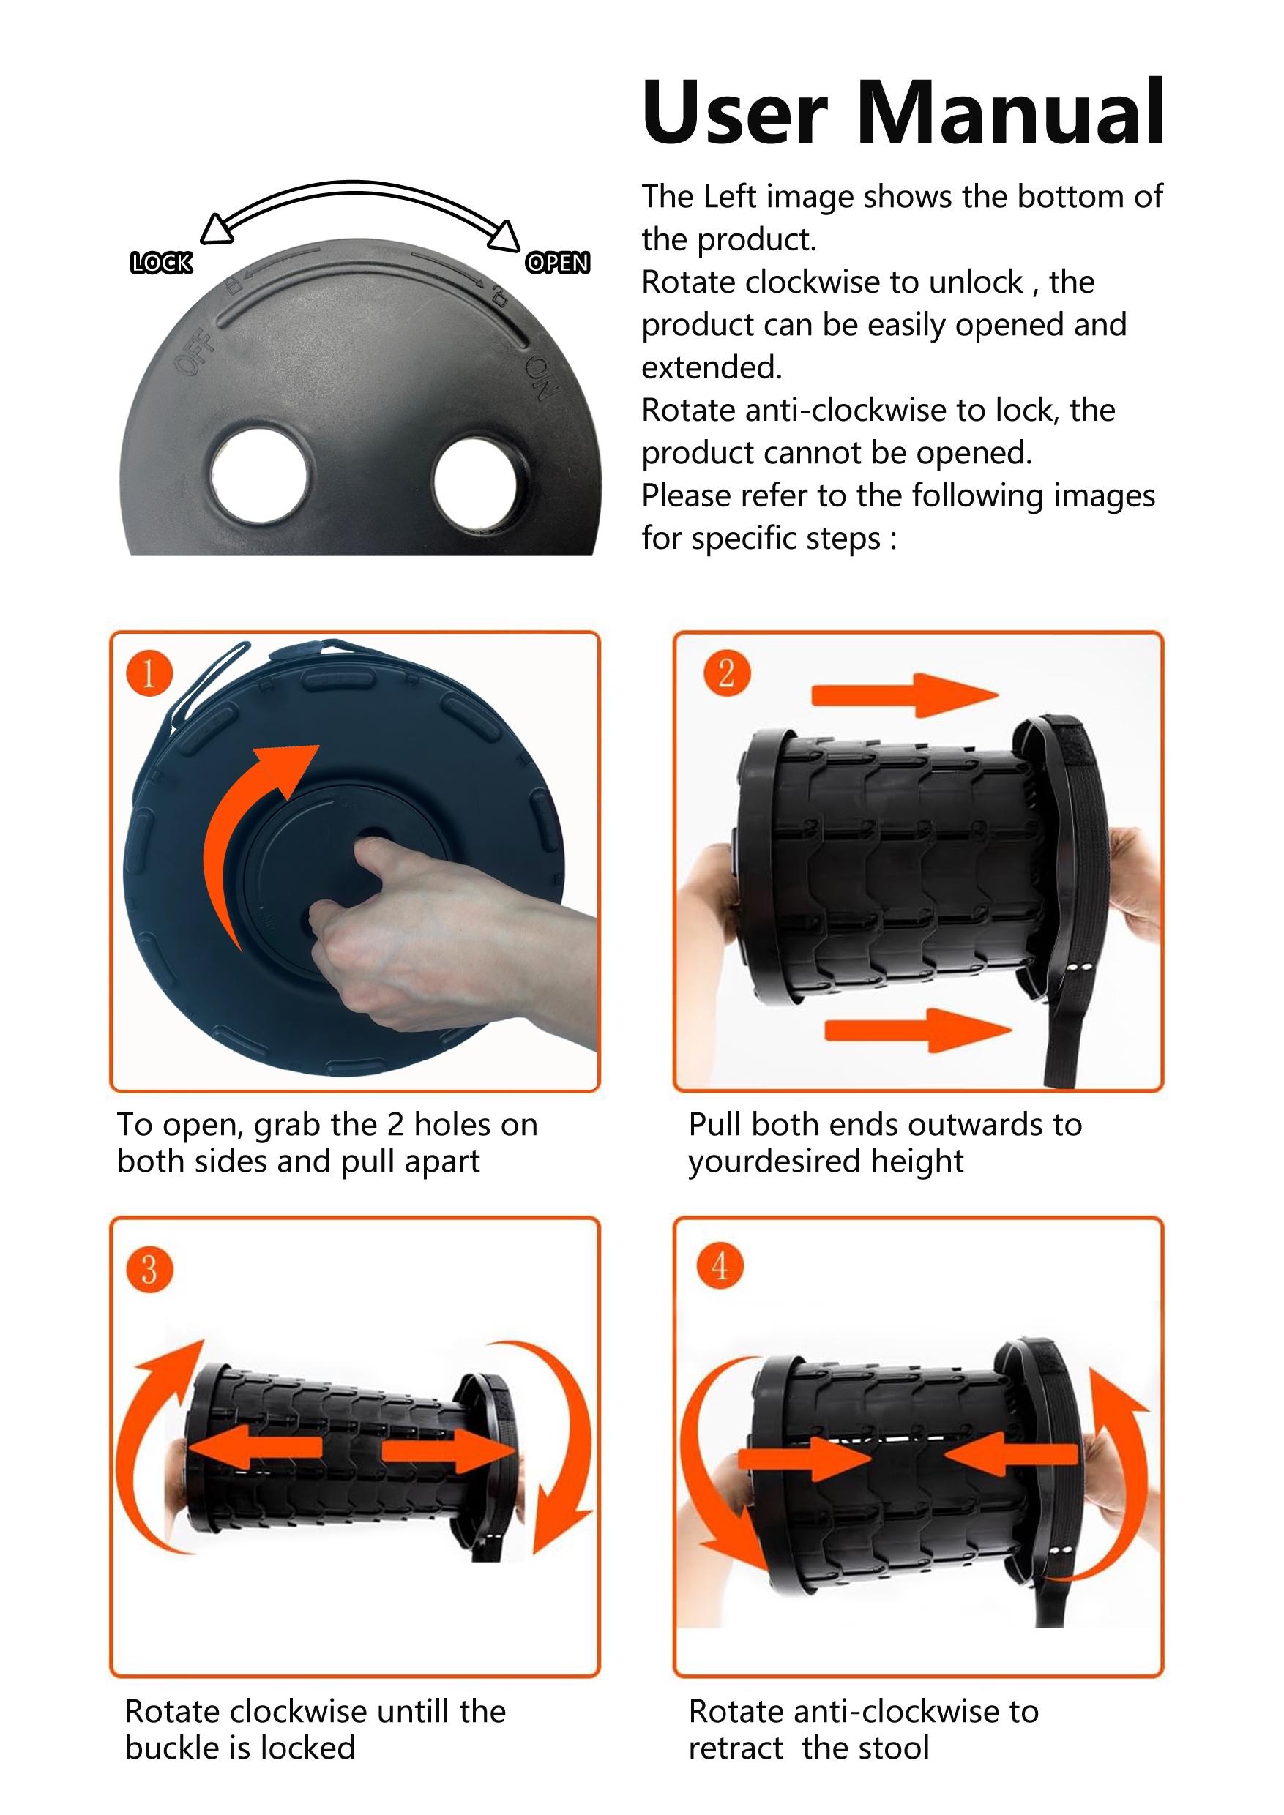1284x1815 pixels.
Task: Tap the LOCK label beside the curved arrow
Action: pos(161,263)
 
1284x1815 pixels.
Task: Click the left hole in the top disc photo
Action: pos(258,474)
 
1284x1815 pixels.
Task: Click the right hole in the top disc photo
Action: pos(476,483)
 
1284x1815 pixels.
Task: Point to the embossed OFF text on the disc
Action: pos(195,351)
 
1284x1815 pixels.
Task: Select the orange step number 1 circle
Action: pos(149,673)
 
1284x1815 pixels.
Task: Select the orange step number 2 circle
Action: pos(725,673)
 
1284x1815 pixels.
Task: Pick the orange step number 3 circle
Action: pos(149,1270)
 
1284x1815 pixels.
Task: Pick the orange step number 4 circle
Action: pos(720,1265)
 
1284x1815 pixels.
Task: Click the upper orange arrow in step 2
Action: pos(906,696)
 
